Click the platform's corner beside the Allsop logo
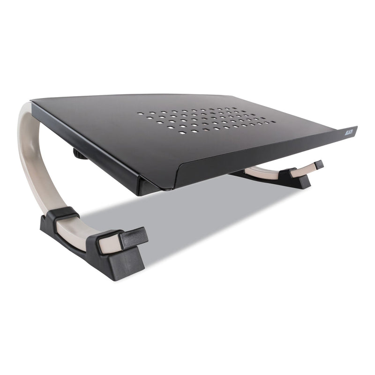tap(355, 127)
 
